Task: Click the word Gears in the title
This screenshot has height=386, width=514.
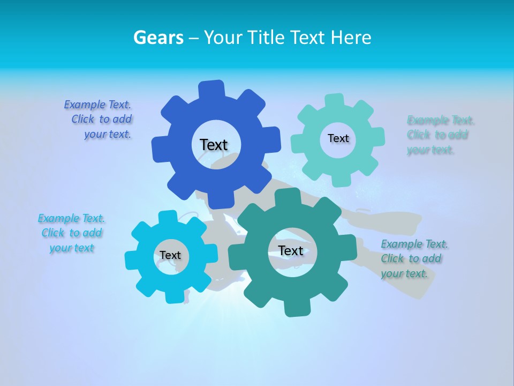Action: [158, 38]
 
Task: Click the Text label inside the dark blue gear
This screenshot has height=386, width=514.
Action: [214, 145]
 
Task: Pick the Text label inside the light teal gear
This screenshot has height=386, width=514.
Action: [338, 138]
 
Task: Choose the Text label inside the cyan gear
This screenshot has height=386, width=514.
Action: [170, 255]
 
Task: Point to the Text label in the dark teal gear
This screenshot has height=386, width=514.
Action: [291, 250]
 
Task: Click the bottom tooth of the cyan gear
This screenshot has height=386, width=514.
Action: [174, 296]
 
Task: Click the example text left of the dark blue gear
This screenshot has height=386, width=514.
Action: [102, 120]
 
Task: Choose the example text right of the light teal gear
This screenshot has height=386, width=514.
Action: [440, 135]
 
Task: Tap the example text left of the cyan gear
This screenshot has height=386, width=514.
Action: [71, 233]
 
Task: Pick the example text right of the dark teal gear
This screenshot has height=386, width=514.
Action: [414, 259]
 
